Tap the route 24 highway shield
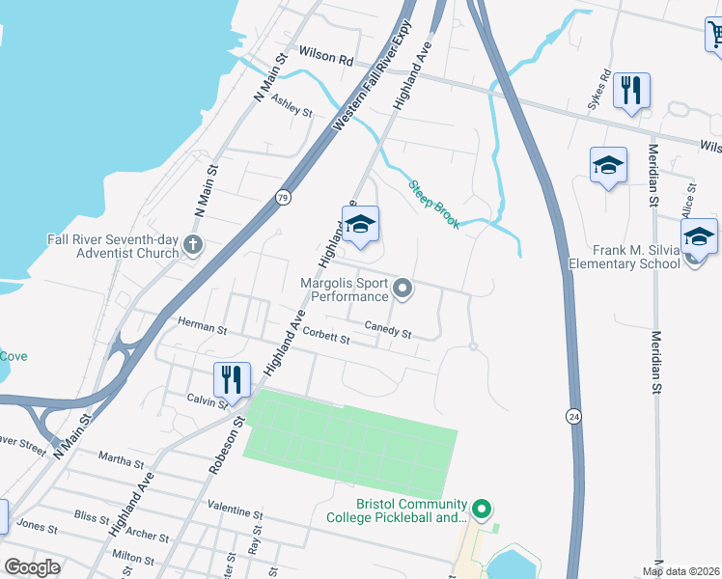(574, 416)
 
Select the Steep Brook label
(431, 201)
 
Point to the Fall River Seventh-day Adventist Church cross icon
(193, 245)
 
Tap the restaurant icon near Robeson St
(232, 378)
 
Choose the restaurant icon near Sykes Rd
(631, 90)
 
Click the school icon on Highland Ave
(361, 225)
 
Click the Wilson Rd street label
(326, 58)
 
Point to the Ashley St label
(292, 106)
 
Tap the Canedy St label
(388, 329)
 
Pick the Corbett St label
(325, 335)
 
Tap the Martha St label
(120, 460)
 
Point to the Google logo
(32, 567)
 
